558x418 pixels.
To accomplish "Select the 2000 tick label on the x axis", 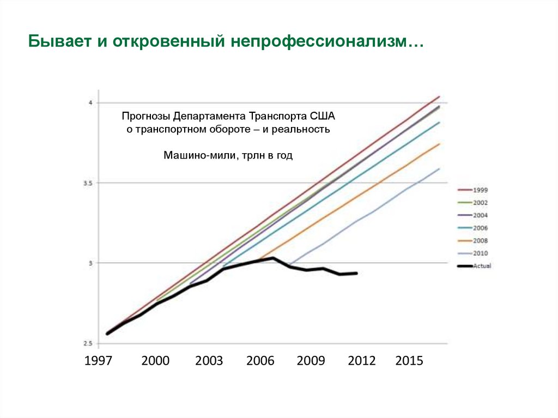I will pyautogui.click(x=155, y=361).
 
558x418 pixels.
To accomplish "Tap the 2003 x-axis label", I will pyautogui.click(x=209, y=361).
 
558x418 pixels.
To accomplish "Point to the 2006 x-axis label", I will pyautogui.click(x=260, y=361).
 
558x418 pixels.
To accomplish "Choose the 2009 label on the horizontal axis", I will pyautogui.click(x=311, y=361).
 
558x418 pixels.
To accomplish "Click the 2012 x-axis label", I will pyautogui.click(x=362, y=361).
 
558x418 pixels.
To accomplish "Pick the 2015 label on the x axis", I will pyautogui.click(x=409, y=361).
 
